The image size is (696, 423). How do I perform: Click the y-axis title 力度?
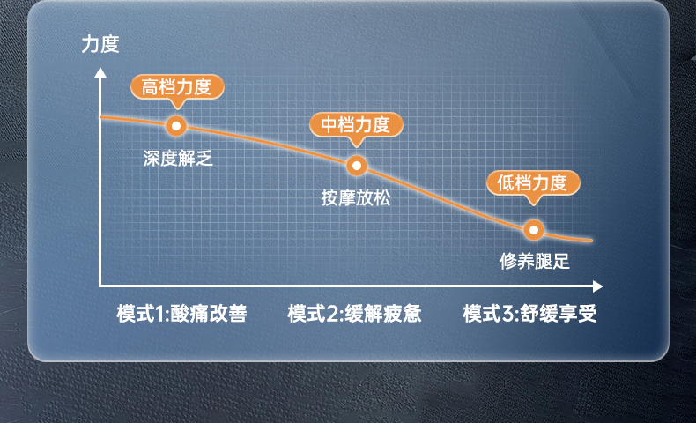click(100, 44)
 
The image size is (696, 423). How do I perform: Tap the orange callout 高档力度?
click(177, 87)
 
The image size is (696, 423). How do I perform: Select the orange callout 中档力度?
click(356, 126)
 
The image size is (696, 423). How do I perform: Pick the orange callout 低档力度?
click(533, 183)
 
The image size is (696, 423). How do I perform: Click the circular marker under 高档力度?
click(176, 126)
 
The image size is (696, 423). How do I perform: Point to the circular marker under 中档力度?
click(357, 166)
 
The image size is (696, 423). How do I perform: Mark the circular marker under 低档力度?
click(534, 230)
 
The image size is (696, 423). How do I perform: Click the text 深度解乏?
click(178, 158)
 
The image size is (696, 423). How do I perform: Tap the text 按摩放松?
click(356, 197)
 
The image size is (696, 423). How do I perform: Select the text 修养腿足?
click(535, 261)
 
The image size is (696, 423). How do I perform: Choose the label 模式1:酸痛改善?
click(181, 314)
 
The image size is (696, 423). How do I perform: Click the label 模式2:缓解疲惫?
click(354, 314)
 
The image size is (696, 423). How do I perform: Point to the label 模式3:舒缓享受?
click(529, 314)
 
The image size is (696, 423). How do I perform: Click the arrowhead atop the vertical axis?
click(100, 72)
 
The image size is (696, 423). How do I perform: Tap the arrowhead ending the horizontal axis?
click(597, 286)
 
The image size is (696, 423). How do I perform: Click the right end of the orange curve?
click(591, 241)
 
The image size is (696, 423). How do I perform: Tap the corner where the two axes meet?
click(100, 286)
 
